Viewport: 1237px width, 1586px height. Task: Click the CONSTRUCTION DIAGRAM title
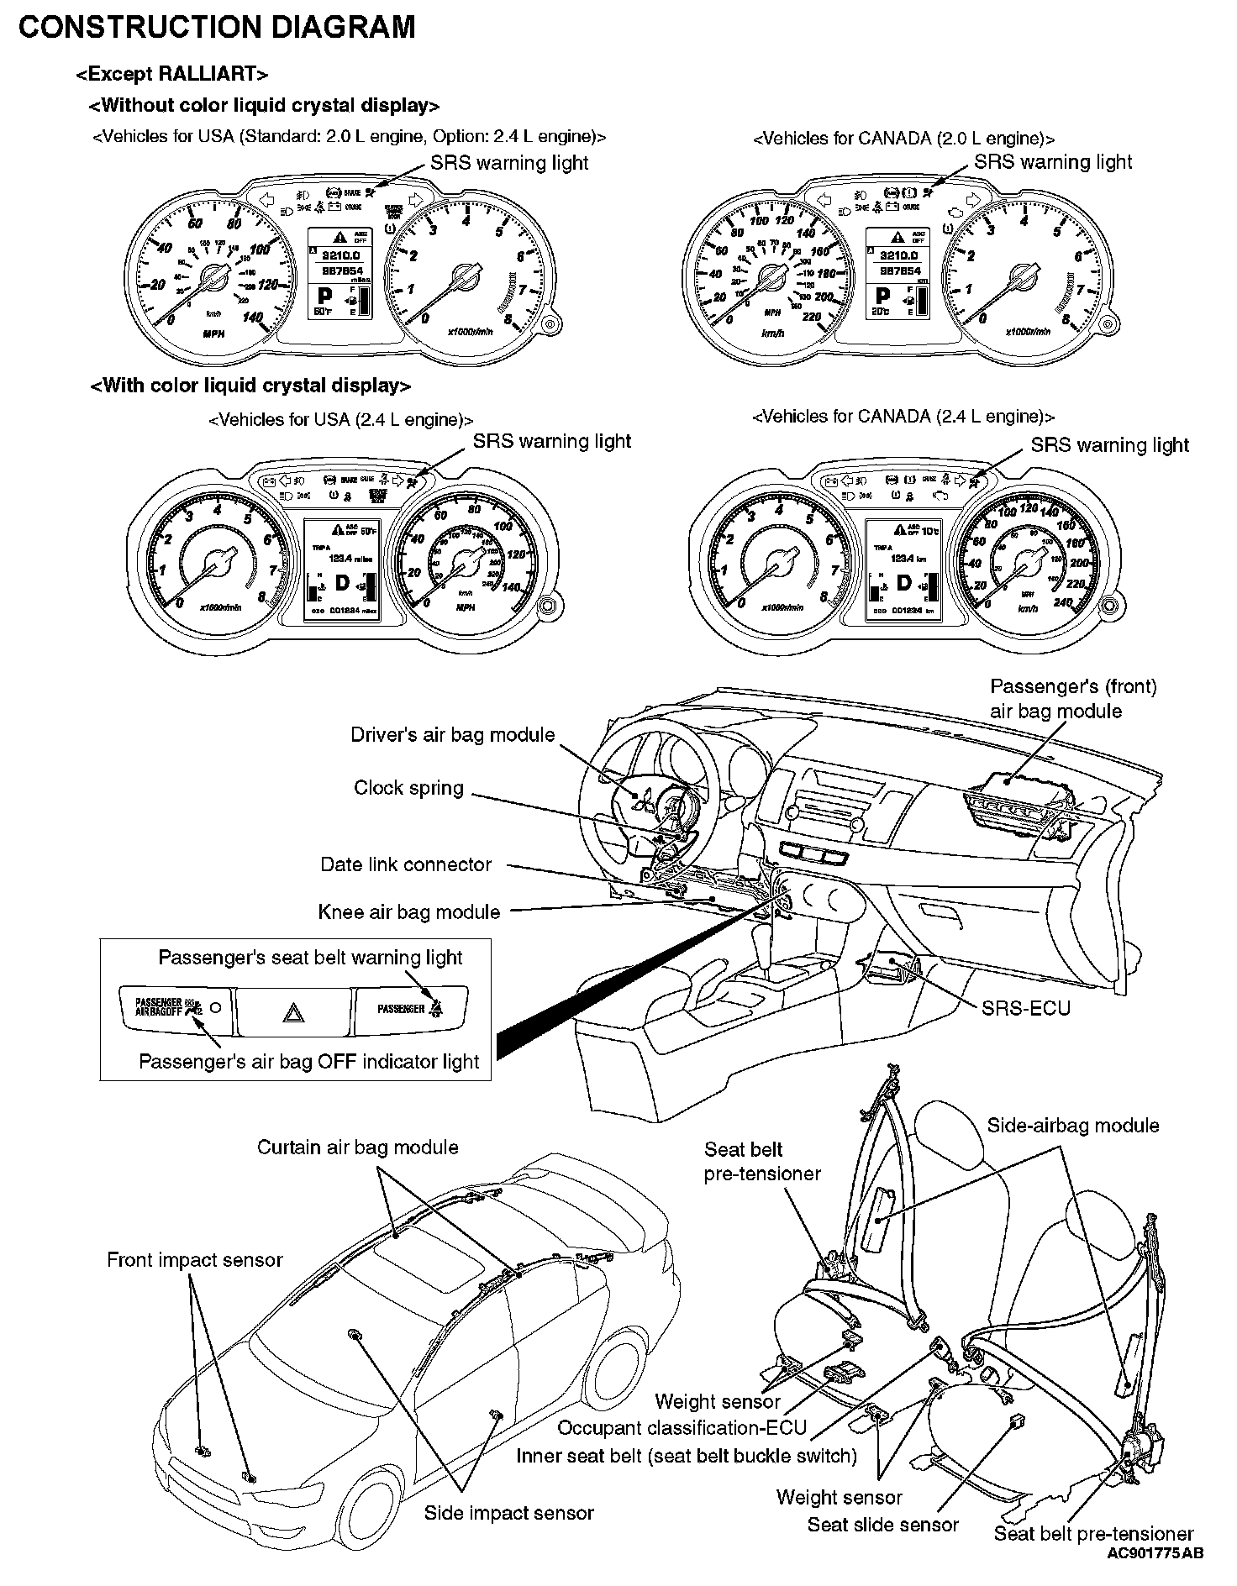217,28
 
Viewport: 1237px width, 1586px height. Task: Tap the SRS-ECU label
1026,1007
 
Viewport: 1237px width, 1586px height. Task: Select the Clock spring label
408,788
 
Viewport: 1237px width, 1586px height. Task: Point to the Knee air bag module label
409,912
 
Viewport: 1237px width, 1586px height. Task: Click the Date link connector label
406,865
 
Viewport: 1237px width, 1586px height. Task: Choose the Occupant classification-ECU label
682,1428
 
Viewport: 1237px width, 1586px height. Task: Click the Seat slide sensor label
882,1525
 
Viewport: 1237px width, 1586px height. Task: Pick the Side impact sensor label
508,1513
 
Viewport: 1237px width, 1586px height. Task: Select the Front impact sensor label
195,1260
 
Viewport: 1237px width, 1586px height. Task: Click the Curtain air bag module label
358,1147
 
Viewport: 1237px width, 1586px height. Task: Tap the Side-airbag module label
1072,1126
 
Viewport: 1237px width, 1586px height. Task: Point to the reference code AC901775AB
1155,1553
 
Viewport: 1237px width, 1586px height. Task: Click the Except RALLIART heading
172,75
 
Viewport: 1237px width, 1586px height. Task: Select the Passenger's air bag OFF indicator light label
308,1062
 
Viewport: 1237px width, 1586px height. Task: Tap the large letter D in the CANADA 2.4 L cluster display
903,582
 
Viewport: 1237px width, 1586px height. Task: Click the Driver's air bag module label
453,735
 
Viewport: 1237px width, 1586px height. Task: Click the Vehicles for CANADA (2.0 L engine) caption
903,139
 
